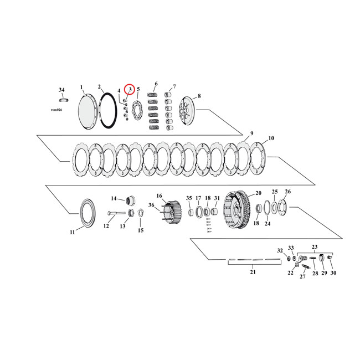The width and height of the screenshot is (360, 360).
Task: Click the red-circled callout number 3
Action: tap(129, 89)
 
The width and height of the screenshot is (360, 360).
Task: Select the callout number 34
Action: tap(61, 89)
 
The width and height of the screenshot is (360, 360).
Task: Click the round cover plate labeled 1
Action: tap(86, 110)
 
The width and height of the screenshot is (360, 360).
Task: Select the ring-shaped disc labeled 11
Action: tap(87, 212)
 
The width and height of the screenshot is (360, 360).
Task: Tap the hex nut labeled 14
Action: tap(132, 199)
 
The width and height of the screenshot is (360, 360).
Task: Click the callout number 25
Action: tap(274, 191)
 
